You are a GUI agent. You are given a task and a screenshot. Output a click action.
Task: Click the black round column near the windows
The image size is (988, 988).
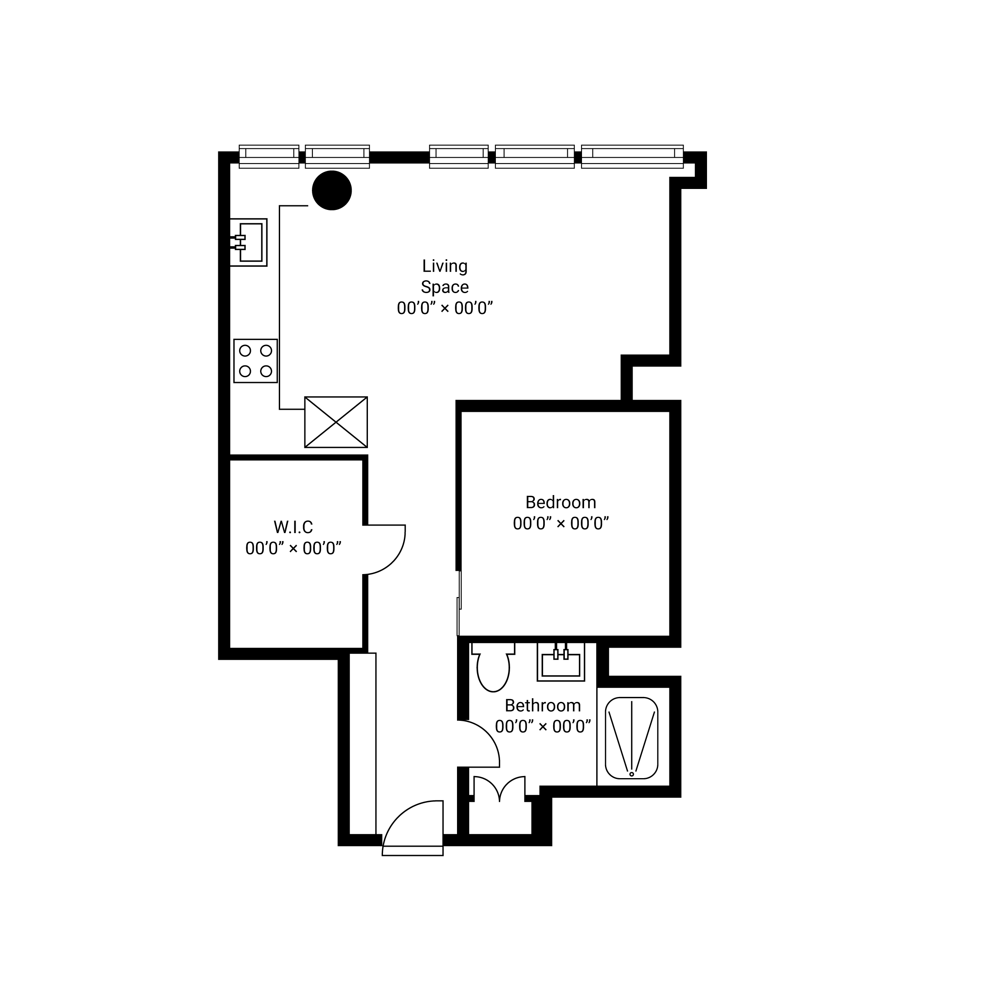click(332, 190)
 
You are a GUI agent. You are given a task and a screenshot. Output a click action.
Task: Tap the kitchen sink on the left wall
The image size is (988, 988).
click(248, 243)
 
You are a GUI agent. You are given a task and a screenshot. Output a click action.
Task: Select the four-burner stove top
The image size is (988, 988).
click(256, 361)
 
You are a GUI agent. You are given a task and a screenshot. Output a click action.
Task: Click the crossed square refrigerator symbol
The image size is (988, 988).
click(336, 422)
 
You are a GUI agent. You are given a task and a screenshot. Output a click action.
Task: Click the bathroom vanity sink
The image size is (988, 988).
click(561, 662)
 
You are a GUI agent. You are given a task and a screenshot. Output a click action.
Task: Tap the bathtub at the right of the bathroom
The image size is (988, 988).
click(632, 738)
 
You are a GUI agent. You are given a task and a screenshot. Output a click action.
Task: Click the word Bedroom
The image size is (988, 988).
click(561, 503)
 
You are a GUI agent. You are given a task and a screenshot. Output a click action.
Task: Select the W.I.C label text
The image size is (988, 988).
click(293, 527)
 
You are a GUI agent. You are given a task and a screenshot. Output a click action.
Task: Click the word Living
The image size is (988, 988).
click(445, 266)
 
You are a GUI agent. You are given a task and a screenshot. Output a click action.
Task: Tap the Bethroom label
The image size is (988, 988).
click(543, 706)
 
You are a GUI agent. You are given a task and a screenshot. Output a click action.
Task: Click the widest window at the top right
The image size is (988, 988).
click(633, 156)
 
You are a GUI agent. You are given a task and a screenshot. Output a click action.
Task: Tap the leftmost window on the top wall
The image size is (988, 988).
click(269, 156)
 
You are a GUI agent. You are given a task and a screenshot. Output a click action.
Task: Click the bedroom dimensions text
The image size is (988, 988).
click(561, 523)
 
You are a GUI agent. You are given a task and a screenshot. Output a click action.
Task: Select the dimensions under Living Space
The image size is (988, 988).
click(445, 309)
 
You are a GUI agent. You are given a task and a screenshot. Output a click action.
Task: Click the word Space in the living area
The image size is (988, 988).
click(445, 287)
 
